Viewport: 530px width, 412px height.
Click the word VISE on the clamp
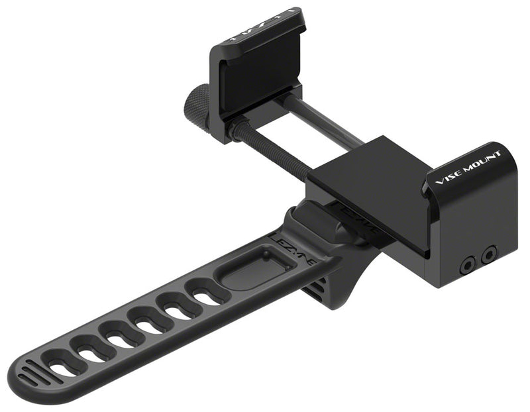445,176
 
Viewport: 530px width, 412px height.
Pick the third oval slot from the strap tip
122,333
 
